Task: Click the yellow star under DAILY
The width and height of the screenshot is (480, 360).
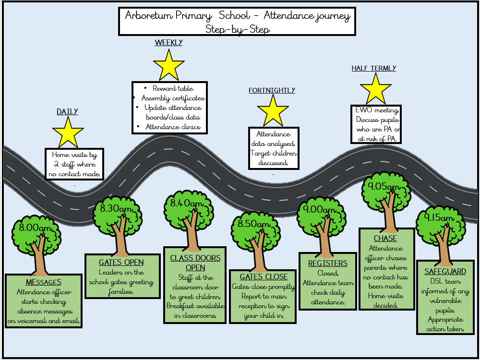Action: [x=68, y=133]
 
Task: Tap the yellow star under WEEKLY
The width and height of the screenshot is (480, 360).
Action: [x=168, y=66]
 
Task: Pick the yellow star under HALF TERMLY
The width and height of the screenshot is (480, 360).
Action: [x=375, y=89]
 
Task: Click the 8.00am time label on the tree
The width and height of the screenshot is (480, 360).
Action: [x=35, y=228]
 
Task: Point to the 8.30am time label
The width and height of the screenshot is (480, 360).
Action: [x=118, y=208]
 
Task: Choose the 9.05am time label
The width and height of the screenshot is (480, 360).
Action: [x=384, y=187]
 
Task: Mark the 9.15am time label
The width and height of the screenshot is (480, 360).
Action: [x=438, y=218]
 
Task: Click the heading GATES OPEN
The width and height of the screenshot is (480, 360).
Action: [x=121, y=262]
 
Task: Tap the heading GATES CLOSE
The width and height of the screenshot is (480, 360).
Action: [x=264, y=277]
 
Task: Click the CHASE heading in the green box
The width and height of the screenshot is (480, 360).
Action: [x=385, y=238]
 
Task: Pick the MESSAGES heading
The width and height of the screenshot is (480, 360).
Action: [x=43, y=282]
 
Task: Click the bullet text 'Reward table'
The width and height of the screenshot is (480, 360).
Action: [x=173, y=88]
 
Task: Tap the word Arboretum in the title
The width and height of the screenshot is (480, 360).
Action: [x=147, y=15]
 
